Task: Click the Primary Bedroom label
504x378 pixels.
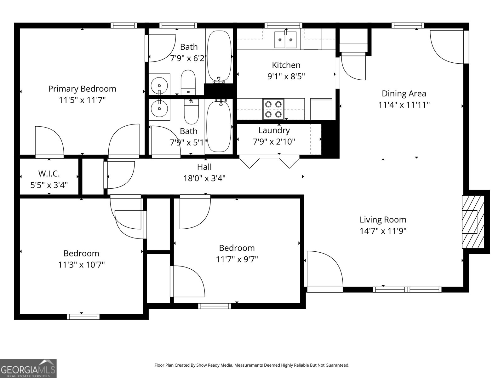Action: (82, 89)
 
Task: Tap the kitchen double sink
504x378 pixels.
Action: (285, 40)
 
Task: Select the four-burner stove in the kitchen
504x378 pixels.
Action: (273, 109)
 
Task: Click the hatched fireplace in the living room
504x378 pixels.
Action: (473, 222)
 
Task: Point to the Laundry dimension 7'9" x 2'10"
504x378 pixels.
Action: (274, 142)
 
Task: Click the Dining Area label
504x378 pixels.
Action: (404, 94)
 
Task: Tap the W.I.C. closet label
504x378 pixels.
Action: (49, 174)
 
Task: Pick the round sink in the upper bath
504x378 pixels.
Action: (159, 85)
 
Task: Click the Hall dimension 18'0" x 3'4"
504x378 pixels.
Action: (204, 179)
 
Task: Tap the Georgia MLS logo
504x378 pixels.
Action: (28, 368)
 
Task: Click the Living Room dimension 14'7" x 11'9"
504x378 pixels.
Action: (383, 231)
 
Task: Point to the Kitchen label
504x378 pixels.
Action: (286, 65)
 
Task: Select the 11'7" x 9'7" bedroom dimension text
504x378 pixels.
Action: (237, 260)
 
